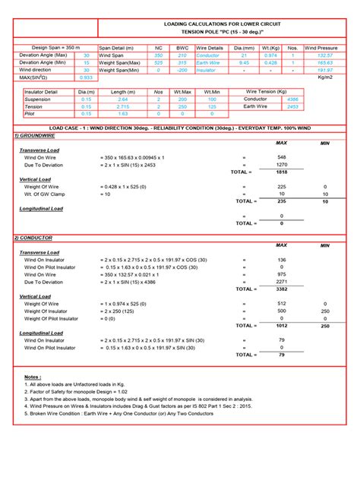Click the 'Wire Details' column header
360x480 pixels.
[210, 47]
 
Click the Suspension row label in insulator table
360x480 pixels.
[38, 99]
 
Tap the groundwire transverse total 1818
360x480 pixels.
[281, 172]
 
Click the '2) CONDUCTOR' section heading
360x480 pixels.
[36, 238]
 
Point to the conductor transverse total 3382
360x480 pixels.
[281, 289]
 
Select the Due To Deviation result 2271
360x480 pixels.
[281, 282]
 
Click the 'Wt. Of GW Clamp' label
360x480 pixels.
[50, 194]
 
